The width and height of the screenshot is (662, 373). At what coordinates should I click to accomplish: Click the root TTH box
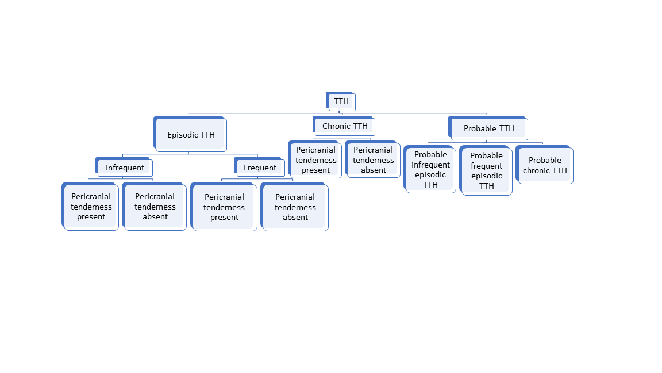pyautogui.click(x=341, y=102)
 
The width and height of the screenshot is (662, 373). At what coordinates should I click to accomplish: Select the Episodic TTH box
pyautogui.click(x=191, y=135)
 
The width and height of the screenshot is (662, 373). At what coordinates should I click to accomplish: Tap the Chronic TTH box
pyautogui.click(x=345, y=126)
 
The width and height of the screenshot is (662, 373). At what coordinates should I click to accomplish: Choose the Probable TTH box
pyautogui.click(x=488, y=128)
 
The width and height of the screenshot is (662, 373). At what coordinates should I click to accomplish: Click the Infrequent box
pyautogui.click(x=125, y=168)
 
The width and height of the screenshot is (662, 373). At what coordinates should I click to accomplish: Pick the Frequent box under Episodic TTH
pyautogui.click(x=260, y=168)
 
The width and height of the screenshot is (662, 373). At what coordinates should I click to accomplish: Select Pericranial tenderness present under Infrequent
pyautogui.click(x=91, y=207)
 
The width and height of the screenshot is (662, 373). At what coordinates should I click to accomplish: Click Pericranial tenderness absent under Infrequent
pyautogui.click(x=155, y=207)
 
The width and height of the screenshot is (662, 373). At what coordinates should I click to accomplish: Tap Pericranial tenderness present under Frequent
pyautogui.click(x=224, y=207)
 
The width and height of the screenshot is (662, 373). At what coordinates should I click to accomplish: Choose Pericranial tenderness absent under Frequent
pyautogui.click(x=295, y=207)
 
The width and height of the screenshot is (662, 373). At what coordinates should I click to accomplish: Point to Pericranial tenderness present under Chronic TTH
pyautogui.click(x=316, y=160)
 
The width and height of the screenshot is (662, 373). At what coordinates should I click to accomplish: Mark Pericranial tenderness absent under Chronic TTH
pyautogui.click(x=374, y=160)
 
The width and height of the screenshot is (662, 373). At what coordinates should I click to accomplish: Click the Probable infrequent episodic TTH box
pyautogui.click(x=430, y=170)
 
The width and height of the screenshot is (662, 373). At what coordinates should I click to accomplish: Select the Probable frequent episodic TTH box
pyautogui.click(x=486, y=171)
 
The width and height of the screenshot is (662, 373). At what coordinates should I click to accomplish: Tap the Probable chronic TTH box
pyautogui.click(x=545, y=165)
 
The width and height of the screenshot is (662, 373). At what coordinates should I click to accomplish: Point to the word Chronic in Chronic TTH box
pyautogui.click(x=336, y=126)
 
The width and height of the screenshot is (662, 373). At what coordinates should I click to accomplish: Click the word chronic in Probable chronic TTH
pyautogui.click(x=536, y=170)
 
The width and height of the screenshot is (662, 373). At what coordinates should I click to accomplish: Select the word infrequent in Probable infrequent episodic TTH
pyautogui.click(x=430, y=165)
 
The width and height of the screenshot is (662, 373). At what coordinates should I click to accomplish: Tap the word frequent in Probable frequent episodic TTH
pyautogui.click(x=486, y=166)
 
